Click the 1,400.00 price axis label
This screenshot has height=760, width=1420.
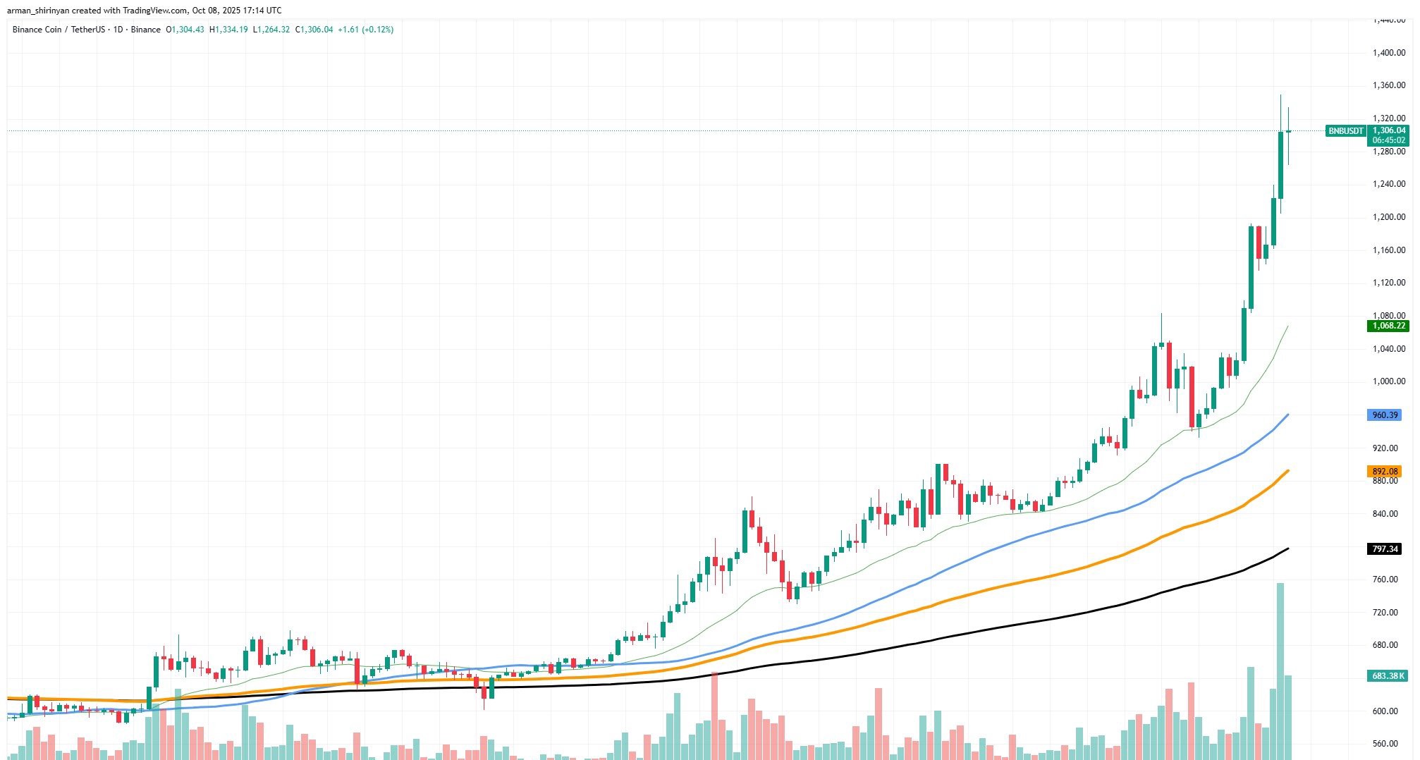(1388, 53)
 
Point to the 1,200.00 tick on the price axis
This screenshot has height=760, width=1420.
(1388, 217)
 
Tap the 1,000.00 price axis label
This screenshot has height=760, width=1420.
(1388, 381)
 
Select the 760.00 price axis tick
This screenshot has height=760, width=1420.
(1388, 580)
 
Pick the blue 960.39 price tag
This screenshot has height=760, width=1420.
(1383, 415)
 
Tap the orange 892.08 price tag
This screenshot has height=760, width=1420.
(1383, 472)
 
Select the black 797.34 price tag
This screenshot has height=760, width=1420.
(1383, 549)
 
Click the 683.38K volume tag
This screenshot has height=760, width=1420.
(1386, 676)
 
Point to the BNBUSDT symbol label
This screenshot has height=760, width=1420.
(1345, 131)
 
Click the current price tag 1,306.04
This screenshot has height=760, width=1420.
(1388, 130)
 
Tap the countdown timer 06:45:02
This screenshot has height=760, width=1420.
(1388, 140)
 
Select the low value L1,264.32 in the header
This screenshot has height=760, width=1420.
(271, 30)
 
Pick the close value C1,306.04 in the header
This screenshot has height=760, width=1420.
(314, 30)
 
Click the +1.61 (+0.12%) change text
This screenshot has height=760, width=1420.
(365, 30)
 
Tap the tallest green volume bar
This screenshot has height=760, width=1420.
(1280, 670)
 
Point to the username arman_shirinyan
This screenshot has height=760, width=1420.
(38, 11)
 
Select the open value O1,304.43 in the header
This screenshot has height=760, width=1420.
(185, 30)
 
